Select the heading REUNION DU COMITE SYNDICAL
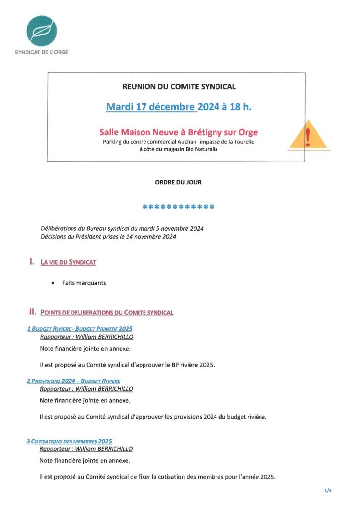click(x=179, y=87)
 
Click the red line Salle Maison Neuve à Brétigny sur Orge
click(x=179, y=132)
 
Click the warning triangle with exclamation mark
click(x=308, y=135)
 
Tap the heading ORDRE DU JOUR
click(x=178, y=182)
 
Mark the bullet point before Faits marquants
click(x=53, y=283)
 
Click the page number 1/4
click(x=327, y=491)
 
